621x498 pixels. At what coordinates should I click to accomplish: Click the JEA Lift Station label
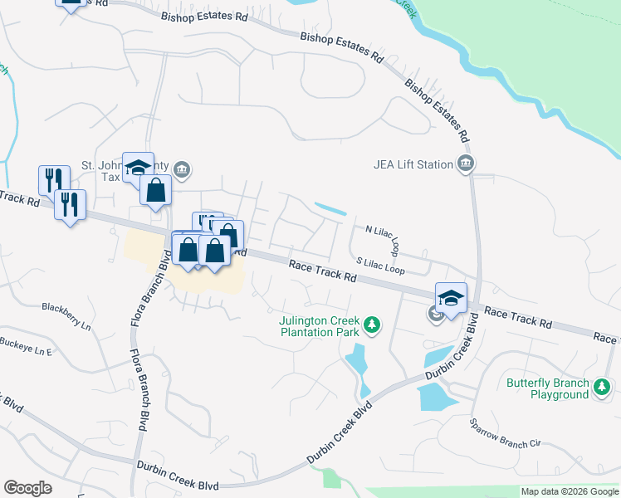tap(413, 164)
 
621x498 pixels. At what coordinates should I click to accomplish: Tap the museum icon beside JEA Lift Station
tap(466, 164)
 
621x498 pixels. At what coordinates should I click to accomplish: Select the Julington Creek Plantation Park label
tap(319, 326)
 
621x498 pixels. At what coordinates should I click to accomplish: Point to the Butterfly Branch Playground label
tap(548, 388)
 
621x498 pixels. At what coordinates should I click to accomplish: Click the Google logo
tap(27, 488)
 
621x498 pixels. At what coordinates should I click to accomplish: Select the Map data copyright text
tap(570, 491)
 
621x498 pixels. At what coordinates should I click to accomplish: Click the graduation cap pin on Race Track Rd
tap(451, 298)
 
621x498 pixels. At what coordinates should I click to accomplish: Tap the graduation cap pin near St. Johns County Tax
tap(138, 167)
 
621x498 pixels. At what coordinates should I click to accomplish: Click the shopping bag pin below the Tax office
tap(155, 191)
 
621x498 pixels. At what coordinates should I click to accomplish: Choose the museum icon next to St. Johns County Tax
tap(183, 171)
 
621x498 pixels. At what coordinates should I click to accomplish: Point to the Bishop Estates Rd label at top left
tap(206, 17)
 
